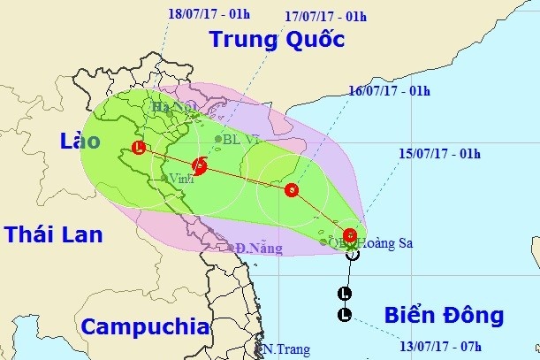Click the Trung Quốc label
(276, 39)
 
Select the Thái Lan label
(53, 234)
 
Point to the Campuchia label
(146, 326)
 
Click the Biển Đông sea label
(445, 315)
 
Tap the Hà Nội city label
(175, 109)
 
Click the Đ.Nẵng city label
(258, 249)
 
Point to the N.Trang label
(286, 350)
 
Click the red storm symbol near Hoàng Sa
(351, 235)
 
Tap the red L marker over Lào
(138, 148)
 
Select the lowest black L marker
(345, 315)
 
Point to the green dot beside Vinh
(164, 179)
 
